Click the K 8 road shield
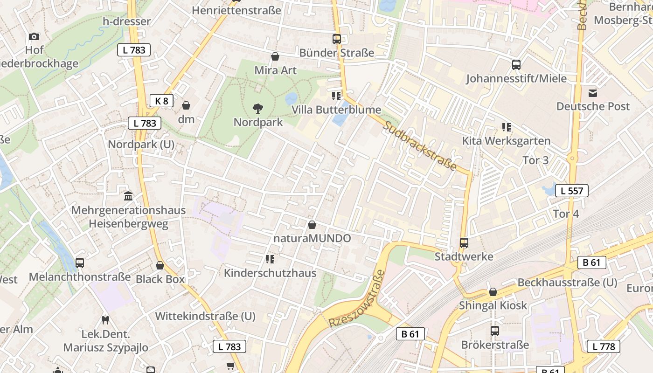161,101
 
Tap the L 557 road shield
571,190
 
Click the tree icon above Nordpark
257,109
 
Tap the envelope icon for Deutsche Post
593,93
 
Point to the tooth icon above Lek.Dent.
105,320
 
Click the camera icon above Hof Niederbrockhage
34,36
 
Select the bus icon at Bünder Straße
336,39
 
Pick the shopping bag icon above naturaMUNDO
312,225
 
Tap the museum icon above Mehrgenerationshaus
128,196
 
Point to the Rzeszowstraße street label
358,298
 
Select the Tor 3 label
535,160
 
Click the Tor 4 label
565,214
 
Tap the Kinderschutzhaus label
270,273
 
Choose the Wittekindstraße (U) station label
205,316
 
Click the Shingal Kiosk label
493,305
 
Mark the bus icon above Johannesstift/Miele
516,65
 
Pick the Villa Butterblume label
336,110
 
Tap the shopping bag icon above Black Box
160,265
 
